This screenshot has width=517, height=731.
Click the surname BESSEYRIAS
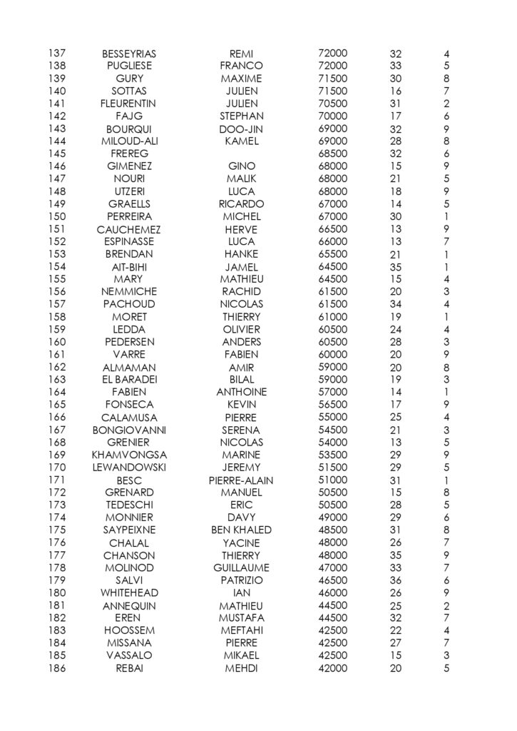pos(129,54)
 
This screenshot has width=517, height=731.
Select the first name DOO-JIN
pos(241,129)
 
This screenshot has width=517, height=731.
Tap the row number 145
pos(57,153)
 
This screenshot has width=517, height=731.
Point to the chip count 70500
pos(332,103)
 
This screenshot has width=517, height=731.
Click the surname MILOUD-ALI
pos(129,141)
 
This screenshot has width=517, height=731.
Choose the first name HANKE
pos(241,253)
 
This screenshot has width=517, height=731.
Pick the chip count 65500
pos(332,253)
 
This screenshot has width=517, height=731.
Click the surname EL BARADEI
pos(129,379)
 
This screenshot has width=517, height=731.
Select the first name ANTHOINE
pos(241,392)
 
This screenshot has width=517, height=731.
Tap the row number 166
pos(57,417)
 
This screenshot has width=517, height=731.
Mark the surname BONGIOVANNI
pos(129,430)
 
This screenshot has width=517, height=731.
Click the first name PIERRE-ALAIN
pos(241,480)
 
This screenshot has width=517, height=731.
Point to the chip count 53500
pos(332,454)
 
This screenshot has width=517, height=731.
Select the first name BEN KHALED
pos(241,530)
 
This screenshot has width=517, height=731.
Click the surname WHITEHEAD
pos(129,593)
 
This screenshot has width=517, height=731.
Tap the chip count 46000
pos(332,593)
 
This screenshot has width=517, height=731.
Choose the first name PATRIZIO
pos(241,580)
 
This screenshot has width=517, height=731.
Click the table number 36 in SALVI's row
pos(396,580)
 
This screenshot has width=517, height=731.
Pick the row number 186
pos(57,668)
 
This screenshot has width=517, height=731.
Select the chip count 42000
pos(332,668)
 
